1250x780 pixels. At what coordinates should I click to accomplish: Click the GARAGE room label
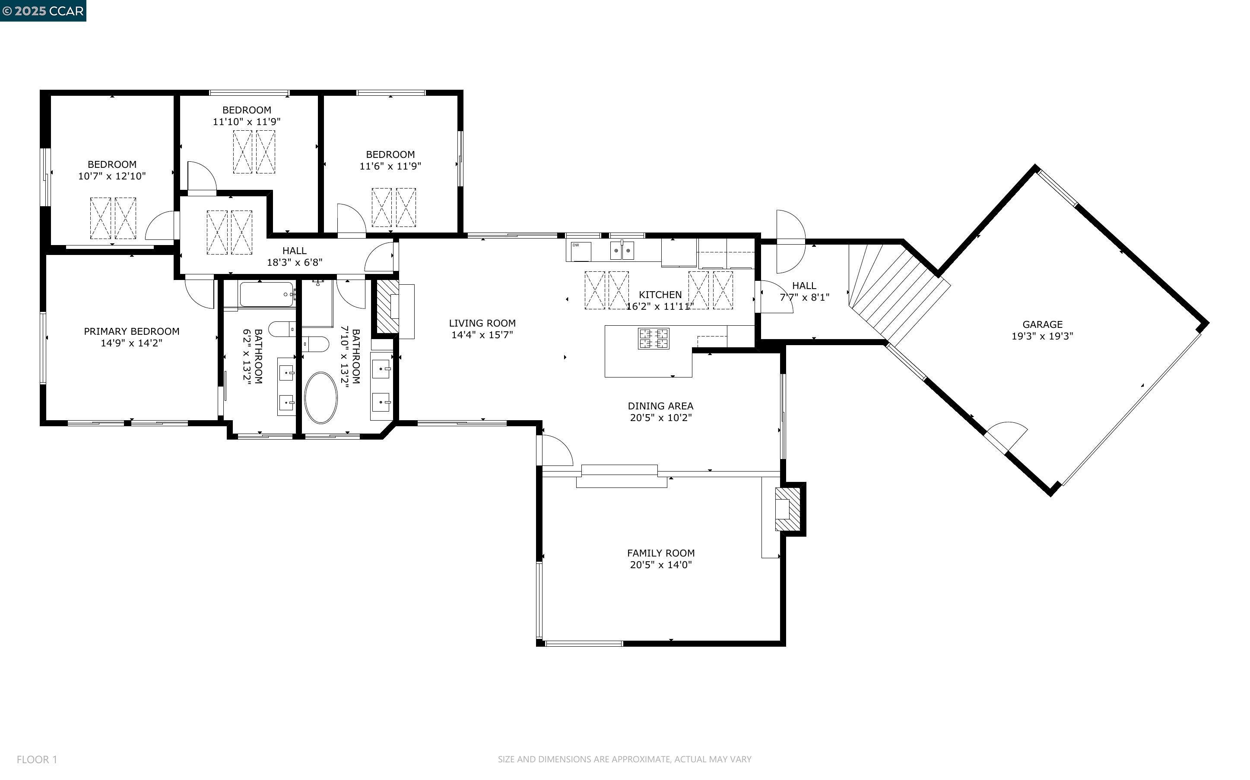1042,324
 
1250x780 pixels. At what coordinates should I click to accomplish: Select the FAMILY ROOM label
660,553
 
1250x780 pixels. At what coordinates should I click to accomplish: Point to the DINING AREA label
660,406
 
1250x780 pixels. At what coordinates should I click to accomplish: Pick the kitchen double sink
622,251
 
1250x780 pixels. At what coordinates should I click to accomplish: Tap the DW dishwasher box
579,251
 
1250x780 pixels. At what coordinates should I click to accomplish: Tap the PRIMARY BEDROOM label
132,331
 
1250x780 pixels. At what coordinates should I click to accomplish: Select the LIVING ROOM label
482,324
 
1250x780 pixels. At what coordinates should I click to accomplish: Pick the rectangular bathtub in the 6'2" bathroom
266,295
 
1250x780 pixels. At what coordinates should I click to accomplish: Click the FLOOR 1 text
37,759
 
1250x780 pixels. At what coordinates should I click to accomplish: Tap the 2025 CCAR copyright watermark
43,11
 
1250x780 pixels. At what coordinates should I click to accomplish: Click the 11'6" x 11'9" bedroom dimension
390,166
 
